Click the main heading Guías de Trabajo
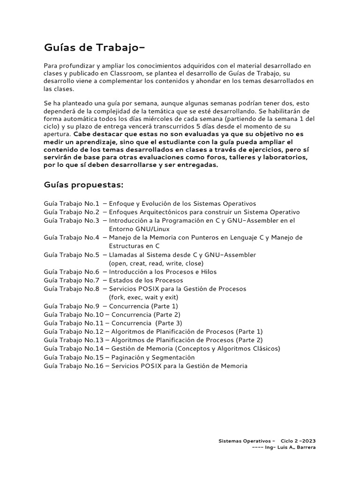click(91, 47)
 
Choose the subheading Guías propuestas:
click(83, 185)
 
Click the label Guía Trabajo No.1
click(71, 204)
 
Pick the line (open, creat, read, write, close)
click(154, 263)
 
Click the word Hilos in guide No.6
click(208, 272)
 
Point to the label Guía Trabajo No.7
click(71, 280)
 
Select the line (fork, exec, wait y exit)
click(143, 297)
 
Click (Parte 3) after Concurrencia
click(169, 323)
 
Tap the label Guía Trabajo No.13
click(73, 340)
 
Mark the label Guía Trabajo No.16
click(73, 366)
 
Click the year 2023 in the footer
click(307, 441)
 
